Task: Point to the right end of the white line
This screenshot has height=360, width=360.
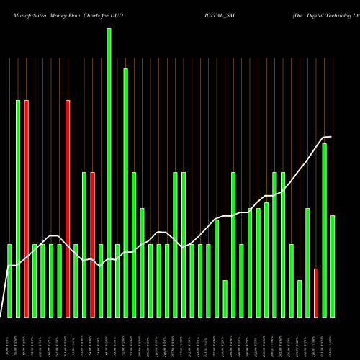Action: pos(330,137)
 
